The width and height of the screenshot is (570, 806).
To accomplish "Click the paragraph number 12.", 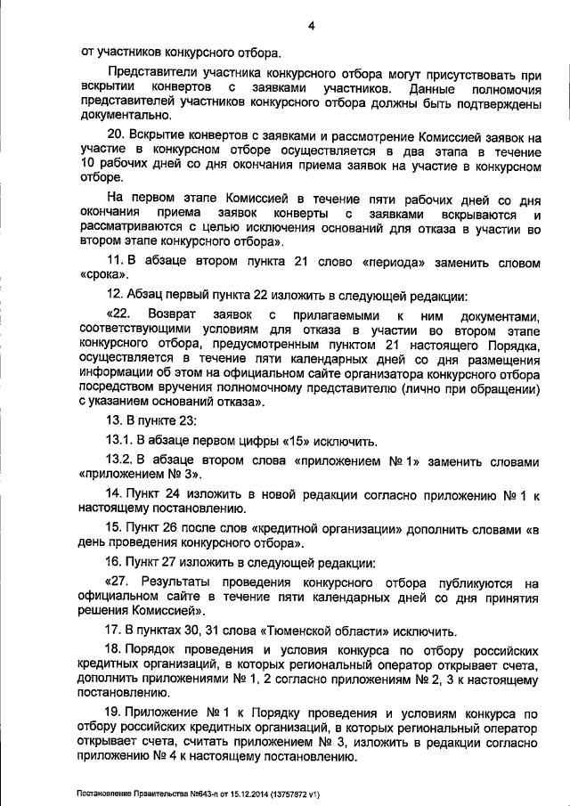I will click(x=114, y=296).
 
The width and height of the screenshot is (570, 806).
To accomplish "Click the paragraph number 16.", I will click(x=114, y=563).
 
